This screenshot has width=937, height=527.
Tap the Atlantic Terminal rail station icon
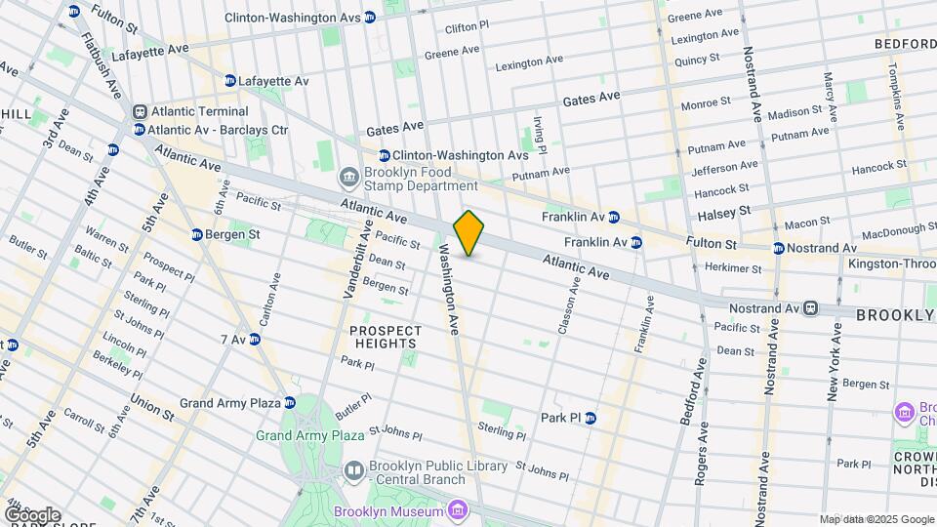[141, 112]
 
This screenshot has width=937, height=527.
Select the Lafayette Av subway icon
[229, 81]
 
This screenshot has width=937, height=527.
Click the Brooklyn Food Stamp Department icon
[347, 177]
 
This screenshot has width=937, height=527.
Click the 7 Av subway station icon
[255, 340]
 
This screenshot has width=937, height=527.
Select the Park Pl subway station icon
[590, 418]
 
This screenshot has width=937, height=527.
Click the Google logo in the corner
[31, 514]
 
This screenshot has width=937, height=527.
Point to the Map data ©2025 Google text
[876, 518]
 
